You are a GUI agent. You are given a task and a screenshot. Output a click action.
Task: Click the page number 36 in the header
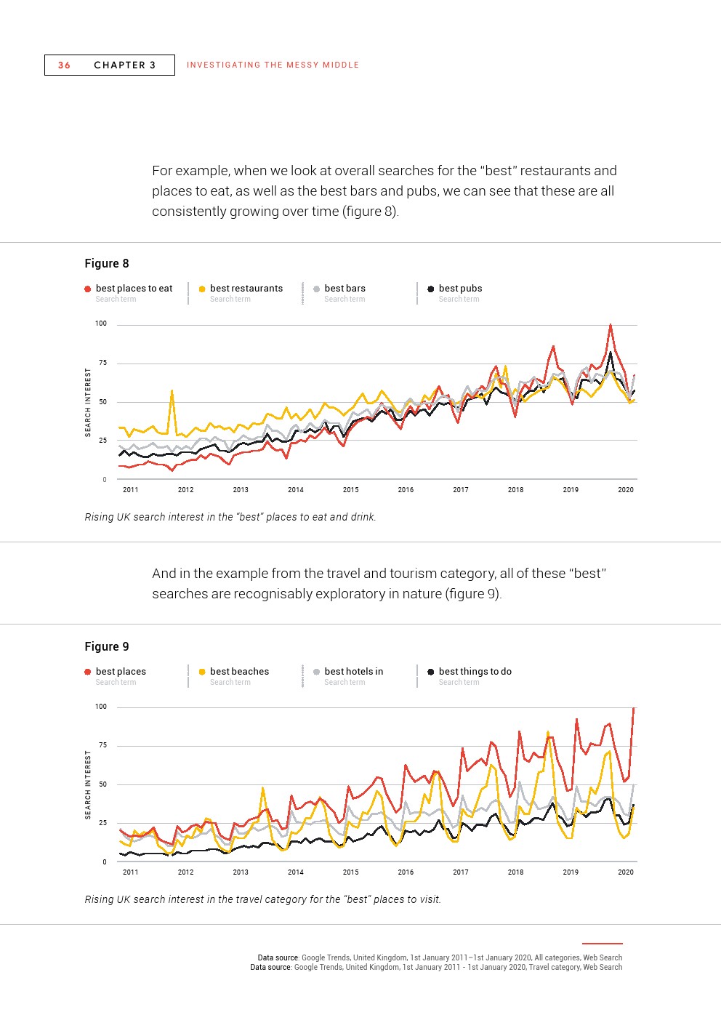click(x=65, y=65)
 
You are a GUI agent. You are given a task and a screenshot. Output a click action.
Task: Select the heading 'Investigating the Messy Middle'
click(x=273, y=65)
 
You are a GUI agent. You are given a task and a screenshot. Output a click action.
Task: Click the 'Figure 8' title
click(x=107, y=263)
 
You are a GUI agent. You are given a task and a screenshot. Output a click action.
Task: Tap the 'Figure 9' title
click(x=107, y=646)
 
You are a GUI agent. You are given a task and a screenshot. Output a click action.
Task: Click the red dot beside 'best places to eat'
click(x=88, y=289)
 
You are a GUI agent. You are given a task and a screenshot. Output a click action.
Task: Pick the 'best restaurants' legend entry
click(x=246, y=289)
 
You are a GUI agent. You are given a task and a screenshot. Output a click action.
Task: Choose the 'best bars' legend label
click(x=345, y=289)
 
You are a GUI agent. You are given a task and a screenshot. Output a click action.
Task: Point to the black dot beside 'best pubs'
click(x=431, y=289)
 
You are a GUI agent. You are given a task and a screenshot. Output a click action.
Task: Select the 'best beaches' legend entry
click(x=239, y=672)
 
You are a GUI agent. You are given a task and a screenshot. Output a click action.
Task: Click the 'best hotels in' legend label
click(x=353, y=672)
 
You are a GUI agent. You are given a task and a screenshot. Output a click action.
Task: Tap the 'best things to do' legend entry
click(x=475, y=672)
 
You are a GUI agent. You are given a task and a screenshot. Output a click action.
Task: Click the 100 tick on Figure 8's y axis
click(x=101, y=324)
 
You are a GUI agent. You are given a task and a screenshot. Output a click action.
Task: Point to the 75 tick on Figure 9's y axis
click(x=102, y=746)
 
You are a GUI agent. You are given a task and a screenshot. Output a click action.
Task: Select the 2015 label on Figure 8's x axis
click(x=350, y=490)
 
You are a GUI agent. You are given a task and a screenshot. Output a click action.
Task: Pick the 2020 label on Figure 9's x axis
click(x=625, y=872)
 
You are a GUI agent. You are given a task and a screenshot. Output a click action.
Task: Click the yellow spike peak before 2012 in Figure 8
click(x=172, y=390)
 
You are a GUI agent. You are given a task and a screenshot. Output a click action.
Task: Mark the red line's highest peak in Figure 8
click(x=611, y=325)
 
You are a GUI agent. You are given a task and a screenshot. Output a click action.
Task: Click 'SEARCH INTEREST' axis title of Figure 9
click(x=89, y=784)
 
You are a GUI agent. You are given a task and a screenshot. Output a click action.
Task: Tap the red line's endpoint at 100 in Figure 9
click(x=634, y=708)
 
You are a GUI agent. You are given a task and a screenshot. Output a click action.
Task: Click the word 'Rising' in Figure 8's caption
click(x=99, y=518)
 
